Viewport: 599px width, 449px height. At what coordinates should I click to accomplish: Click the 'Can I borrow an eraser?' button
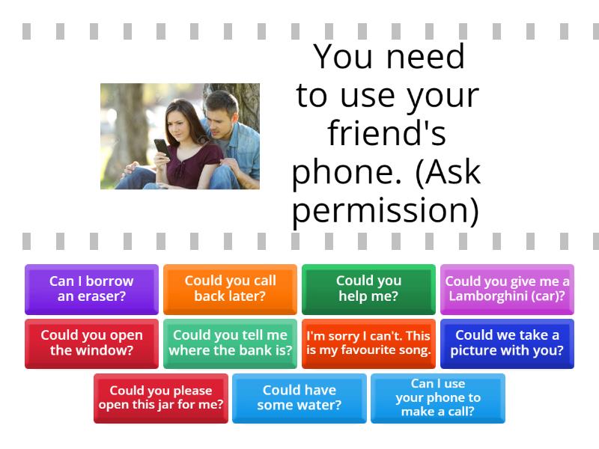[x=91, y=289]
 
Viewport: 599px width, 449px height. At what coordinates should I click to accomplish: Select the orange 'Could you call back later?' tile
[x=230, y=289]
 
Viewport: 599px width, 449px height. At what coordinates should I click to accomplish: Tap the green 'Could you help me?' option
[x=368, y=289]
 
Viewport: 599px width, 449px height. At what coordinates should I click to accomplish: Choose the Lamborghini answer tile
[x=507, y=289]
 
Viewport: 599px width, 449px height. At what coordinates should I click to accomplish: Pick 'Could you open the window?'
[x=91, y=343]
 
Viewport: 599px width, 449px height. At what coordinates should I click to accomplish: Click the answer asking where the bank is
[x=230, y=343]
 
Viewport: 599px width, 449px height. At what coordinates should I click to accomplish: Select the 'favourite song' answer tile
[x=368, y=343]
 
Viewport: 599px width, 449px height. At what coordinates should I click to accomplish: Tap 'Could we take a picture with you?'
[x=507, y=343]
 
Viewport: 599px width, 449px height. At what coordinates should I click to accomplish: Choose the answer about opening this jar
[x=161, y=398]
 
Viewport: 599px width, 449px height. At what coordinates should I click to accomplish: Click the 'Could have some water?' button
[x=299, y=398]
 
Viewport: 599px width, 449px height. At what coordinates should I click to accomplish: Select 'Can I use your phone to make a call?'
[x=438, y=398]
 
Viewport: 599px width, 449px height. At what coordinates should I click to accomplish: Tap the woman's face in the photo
[x=178, y=121]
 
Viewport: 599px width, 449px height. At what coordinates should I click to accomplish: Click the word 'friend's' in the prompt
[x=386, y=134]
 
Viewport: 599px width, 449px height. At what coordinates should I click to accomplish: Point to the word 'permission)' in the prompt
[x=386, y=211]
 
